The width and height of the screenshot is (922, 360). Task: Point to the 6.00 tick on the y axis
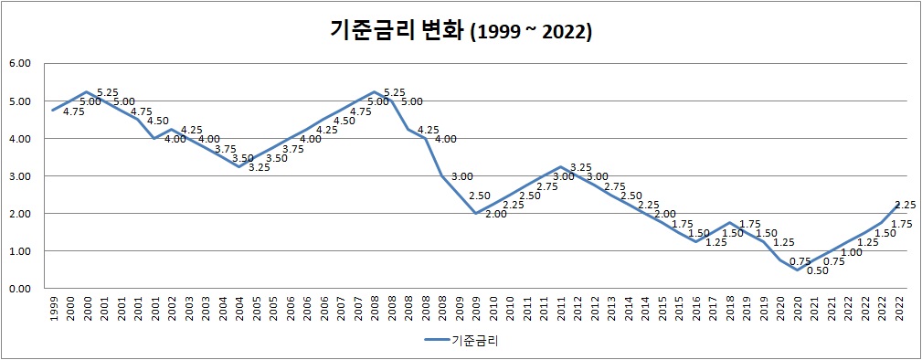coord(19,64)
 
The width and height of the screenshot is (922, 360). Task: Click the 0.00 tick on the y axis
coord(19,289)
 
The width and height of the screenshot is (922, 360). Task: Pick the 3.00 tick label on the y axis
coord(19,176)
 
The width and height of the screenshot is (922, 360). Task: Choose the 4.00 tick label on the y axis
coord(19,139)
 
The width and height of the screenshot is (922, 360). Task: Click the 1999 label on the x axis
coord(54,308)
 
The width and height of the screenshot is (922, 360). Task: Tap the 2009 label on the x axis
coord(476,308)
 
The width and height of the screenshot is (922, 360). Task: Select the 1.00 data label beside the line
coord(851,252)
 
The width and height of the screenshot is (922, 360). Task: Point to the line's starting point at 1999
coord(53,111)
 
